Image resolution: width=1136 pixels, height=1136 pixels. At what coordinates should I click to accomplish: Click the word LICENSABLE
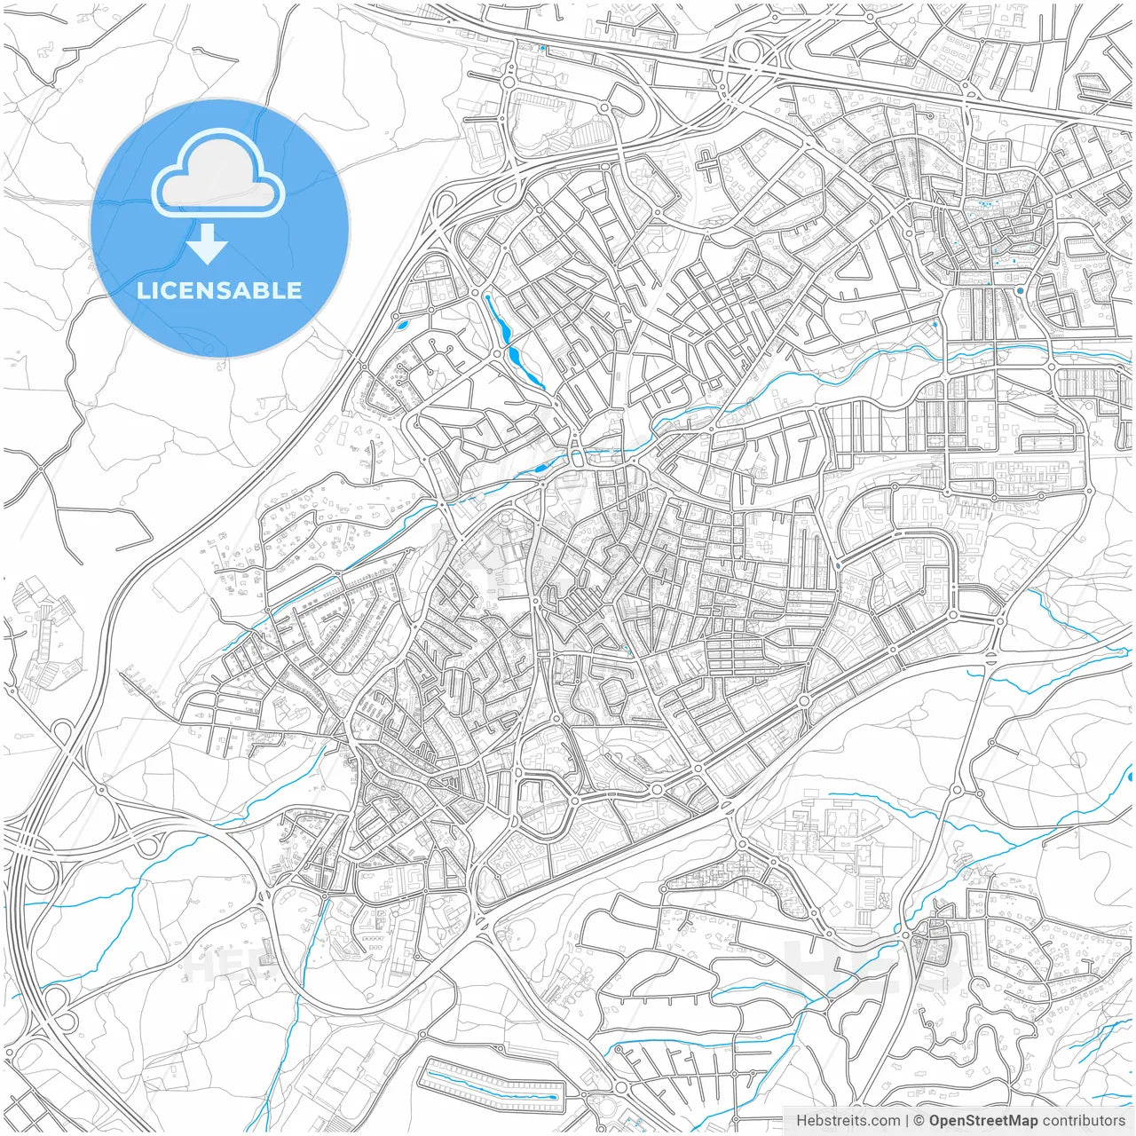point(219,290)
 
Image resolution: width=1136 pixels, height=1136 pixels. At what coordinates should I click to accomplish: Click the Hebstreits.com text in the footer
point(848,1121)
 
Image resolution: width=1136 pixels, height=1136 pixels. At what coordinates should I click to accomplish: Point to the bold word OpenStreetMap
point(983,1121)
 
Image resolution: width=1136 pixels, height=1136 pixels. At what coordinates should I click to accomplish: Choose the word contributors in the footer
point(1084,1121)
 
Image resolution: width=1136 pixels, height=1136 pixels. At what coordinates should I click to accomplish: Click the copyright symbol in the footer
point(919,1121)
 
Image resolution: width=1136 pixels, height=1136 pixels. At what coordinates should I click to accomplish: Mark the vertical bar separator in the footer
point(906,1121)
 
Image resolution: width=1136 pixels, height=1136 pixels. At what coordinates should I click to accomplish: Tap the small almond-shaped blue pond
point(402,325)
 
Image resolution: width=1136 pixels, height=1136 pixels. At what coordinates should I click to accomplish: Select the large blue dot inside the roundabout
point(1020,290)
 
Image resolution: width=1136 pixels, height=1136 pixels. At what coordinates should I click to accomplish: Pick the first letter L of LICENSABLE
point(142,290)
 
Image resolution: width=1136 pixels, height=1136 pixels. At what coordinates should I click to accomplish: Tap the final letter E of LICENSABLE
point(294,290)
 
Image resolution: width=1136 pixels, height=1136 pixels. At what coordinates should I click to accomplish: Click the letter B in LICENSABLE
point(257,290)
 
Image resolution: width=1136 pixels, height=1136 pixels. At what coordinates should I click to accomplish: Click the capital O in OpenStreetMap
point(936,1121)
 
